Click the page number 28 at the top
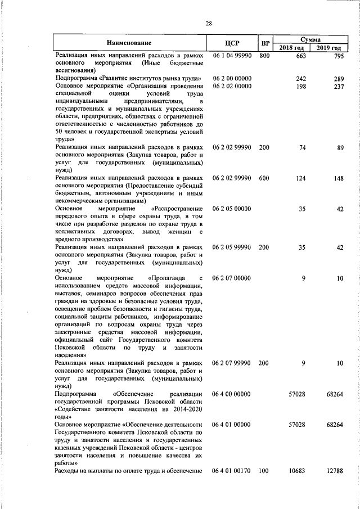click(x=209, y=23)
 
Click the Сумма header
click(x=310, y=40)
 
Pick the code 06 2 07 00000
click(x=232, y=278)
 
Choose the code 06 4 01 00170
click(x=232, y=470)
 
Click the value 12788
click(x=334, y=470)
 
